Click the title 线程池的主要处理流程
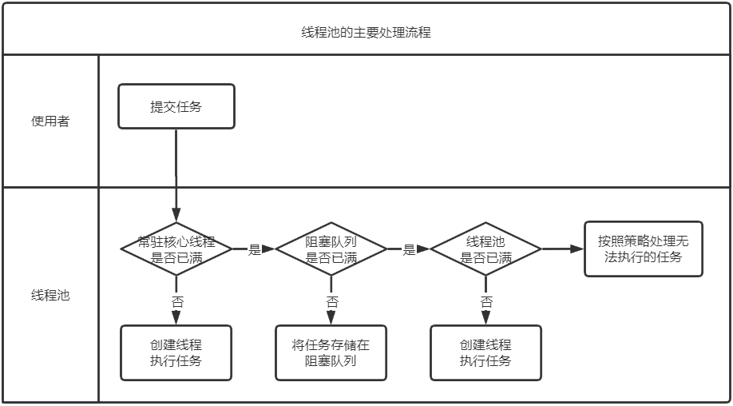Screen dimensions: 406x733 (366, 33)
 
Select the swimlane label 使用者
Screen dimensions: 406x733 (50, 121)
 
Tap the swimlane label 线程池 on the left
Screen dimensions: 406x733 (50, 295)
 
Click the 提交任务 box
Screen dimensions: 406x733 (176, 106)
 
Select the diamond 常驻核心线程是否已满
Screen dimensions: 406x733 (176, 249)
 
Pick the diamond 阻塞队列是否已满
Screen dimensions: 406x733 (331, 249)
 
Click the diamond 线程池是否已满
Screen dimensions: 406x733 (485, 249)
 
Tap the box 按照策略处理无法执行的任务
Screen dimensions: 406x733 (643, 249)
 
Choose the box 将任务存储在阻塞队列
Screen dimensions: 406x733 (331, 352)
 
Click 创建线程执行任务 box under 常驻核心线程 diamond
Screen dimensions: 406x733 (176, 352)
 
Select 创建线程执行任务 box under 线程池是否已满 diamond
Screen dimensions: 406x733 (485, 352)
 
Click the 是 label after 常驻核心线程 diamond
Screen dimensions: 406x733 (255, 249)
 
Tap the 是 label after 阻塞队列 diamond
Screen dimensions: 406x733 (409, 249)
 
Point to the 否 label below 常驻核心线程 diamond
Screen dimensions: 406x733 (176, 301)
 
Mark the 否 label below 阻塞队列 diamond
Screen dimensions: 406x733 (331, 301)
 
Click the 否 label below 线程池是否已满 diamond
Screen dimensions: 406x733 (485, 301)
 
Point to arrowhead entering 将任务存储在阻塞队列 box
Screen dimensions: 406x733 (331, 320)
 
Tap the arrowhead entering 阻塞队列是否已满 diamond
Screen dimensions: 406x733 (269, 249)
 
